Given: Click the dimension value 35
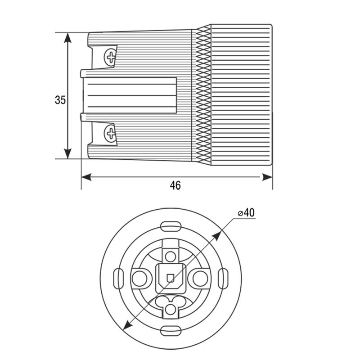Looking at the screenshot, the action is [60, 100].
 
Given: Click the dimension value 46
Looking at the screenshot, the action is [175, 185].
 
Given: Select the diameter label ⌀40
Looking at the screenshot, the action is [246, 212].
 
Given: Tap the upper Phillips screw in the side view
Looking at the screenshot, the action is [111, 57].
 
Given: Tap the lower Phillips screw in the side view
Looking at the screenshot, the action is [110, 133].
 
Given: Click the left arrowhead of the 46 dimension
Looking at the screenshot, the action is [86, 177].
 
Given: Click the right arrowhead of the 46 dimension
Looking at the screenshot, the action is [267, 177].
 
